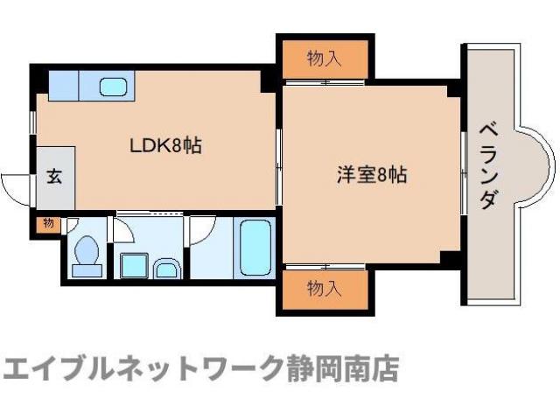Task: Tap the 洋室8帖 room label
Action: pos(372,174)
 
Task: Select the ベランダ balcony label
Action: pos(487,166)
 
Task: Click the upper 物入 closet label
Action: pos(324,59)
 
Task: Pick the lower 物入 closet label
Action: pos(324,286)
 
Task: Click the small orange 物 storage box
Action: pos(47,224)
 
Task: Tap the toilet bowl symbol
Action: pos(86,253)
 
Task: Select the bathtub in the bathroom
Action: pos(255,247)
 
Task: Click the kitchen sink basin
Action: pos(114,86)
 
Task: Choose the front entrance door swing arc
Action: pos(15,185)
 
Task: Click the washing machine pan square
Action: pos(134,264)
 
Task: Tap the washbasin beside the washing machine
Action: pos(166,268)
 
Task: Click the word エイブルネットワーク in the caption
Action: pos(144,367)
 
